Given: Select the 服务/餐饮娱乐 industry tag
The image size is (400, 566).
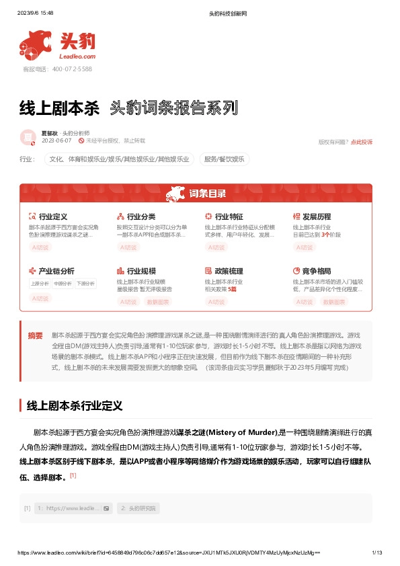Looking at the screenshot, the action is coord(225,159).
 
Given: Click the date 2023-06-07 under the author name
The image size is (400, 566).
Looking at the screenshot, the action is coord(56,141).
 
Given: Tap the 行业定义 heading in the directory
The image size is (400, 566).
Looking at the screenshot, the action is coord(53,217).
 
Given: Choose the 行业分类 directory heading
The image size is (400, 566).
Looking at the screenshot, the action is coord(141,217).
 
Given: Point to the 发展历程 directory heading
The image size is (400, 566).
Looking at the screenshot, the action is coord(317,217).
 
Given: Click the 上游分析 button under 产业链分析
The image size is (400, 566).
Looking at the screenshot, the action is coord(40,284).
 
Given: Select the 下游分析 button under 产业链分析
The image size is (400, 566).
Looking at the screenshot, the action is coord(85,284).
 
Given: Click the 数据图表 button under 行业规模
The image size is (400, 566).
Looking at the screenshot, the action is coord(158,302).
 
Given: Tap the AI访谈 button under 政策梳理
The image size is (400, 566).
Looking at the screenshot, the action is coord(216,302).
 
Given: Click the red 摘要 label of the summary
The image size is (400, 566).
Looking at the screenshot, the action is coord(35,335).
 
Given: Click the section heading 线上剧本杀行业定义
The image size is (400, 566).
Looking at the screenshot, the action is coord(73,405).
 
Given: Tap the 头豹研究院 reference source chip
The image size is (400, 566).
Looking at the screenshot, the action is coord(138,508).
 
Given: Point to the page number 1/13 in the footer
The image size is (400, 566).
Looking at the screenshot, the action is coord(376,552).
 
